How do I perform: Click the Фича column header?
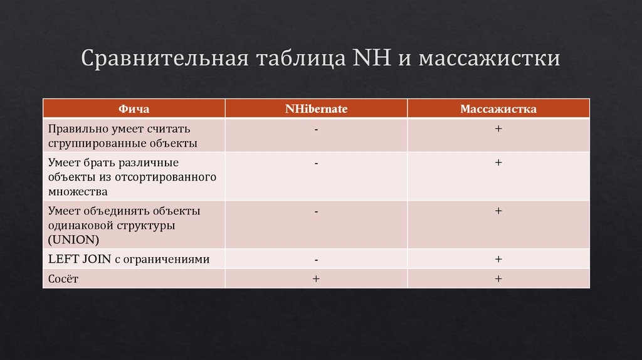point(134,109)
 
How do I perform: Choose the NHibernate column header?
point(316,109)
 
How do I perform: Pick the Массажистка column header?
point(498,109)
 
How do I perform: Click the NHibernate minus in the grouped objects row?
point(317,129)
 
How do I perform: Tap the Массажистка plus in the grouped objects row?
point(498,129)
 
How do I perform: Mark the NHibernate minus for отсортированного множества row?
point(317,162)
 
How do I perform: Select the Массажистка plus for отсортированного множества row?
point(498,162)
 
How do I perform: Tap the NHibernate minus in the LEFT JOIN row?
point(317,258)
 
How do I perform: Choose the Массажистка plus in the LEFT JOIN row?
point(498,258)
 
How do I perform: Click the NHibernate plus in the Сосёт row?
point(317,278)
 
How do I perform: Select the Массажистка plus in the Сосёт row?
point(498,278)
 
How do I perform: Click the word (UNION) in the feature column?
point(73,240)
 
